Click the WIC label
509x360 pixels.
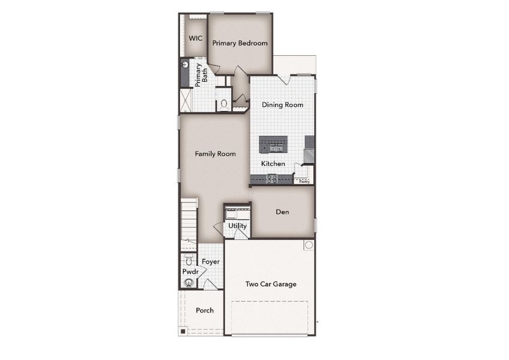[196, 38]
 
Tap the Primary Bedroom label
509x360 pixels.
[240, 43]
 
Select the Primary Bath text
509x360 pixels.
[201, 75]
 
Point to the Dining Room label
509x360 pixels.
[283, 105]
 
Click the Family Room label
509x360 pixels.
[215, 154]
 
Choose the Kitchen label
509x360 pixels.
[273, 164]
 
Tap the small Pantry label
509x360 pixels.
[304, 182]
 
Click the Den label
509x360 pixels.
[282, 212]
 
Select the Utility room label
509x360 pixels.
[237, 226]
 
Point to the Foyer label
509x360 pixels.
[211, 262]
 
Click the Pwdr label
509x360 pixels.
[190, 271]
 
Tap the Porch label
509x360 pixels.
[205, 310]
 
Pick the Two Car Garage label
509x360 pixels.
[271, 284]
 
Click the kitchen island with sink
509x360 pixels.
[273, 145]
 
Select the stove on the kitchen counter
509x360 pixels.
[272, 179]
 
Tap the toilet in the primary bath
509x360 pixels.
[224, 104]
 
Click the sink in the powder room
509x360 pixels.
[188, 283]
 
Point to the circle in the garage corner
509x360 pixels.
[309, 245]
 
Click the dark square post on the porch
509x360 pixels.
[183, 331]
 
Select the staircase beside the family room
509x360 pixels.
[188, 224]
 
